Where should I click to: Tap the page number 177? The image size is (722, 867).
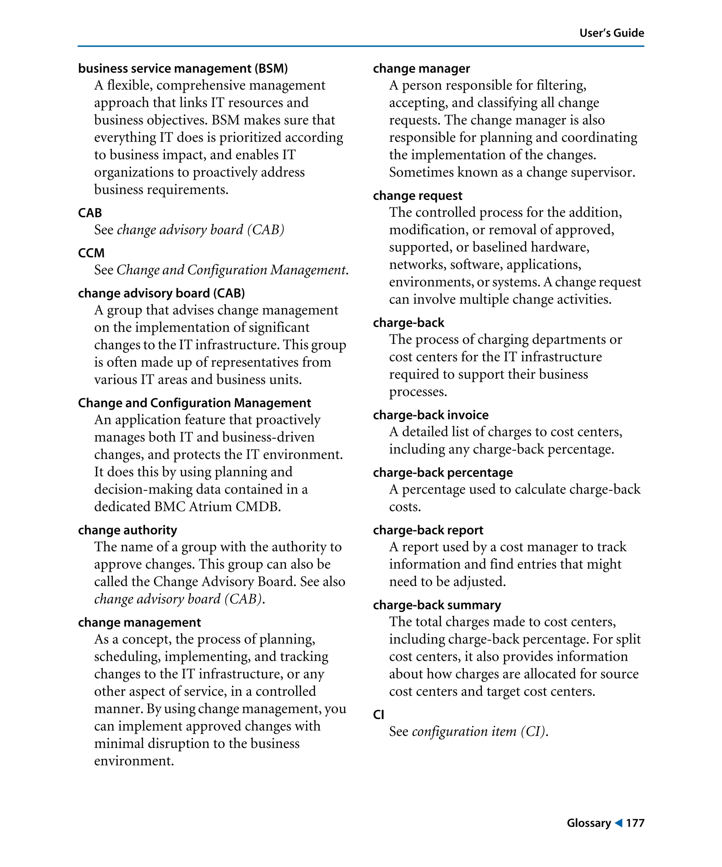pos(635,823)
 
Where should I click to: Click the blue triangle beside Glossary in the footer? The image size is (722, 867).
pos(618,823)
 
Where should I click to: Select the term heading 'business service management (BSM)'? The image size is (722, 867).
pos(183,68)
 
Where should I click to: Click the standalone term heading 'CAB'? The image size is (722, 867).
pos(90,213)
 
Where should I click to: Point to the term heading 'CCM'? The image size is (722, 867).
pos(91,253)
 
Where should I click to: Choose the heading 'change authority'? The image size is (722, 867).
pos(128,530)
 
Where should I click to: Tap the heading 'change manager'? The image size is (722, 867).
pos(421,68)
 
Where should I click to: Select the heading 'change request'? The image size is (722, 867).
pos(417,196)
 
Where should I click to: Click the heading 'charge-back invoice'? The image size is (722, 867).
pos(430,415)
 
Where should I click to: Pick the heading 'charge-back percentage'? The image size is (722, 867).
pos(443,473)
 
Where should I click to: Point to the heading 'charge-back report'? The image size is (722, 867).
pos(428,530)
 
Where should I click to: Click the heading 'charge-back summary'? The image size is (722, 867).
pos(437,605)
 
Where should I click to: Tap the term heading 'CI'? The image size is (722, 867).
pos(378,715)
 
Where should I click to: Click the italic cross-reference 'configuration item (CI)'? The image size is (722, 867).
pos(480,732)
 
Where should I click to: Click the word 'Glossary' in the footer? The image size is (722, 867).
pos(589,823)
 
